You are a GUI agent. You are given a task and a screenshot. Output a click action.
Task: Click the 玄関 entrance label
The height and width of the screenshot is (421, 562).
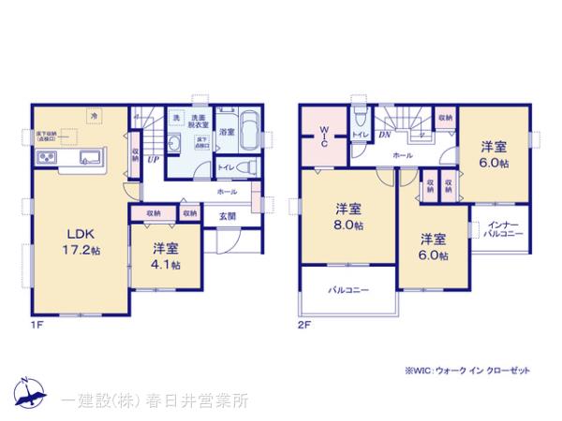point(228,216)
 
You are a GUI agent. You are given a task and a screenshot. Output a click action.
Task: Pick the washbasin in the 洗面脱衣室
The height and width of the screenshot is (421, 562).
point(179,144)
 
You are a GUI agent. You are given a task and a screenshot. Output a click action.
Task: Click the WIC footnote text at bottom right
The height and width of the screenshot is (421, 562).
point(467,370)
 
